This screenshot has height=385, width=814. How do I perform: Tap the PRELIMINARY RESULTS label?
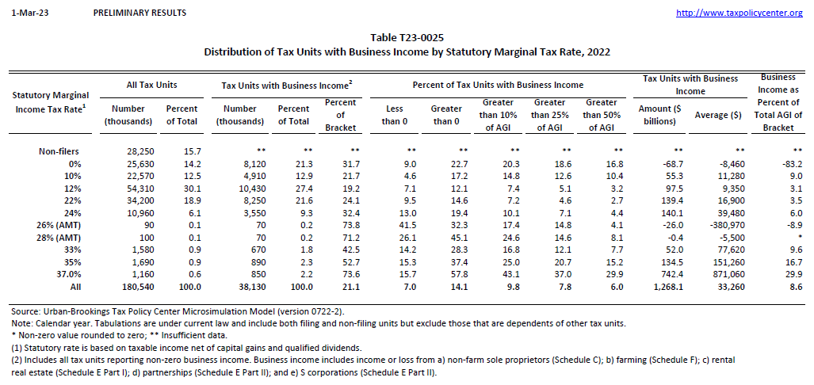pyautogui.click(x=139, y=13)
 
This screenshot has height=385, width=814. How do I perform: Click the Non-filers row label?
pyautogui.click(x=59, y=151)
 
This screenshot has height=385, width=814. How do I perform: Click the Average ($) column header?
pyautogui.click(x=718, y=115)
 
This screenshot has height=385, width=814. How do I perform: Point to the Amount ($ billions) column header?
pyautogui.click(x=657, y=115)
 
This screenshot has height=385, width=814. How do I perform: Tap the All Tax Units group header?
pyautogui.click(x=152, y=84)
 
